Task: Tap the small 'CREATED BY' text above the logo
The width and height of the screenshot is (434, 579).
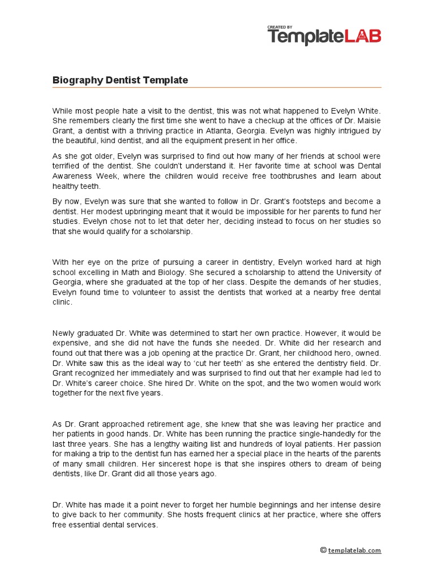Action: tap(280, 27)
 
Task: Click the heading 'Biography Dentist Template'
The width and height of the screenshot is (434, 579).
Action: tap(120, 80)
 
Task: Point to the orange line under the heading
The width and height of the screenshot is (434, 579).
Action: tap(217, 88)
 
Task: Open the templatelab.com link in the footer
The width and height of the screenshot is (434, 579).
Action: tap(354, 550)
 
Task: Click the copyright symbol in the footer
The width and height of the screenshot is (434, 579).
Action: tap(323, 550)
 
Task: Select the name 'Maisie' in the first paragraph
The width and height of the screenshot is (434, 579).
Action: tap(368, 120)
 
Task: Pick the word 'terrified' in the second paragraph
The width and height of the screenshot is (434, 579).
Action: tap(68, 166)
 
